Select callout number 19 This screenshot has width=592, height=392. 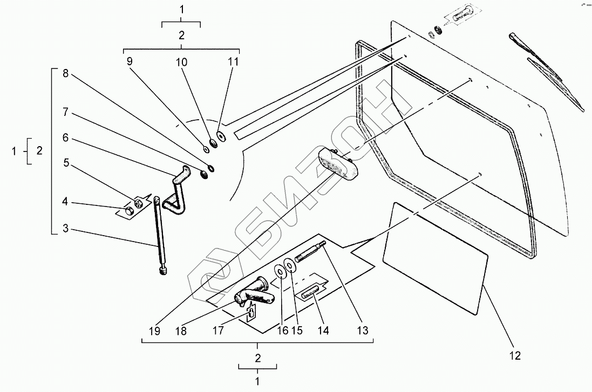(155, 331)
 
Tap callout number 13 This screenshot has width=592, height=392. (364, 331)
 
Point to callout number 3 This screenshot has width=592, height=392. (65, 229)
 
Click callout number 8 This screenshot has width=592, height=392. (65, 74)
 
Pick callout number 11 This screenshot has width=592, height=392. (233, 61)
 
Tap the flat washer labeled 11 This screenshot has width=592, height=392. (221, 135)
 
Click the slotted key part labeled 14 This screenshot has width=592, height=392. (310, 294)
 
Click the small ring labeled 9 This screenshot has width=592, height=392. (206, 148)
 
